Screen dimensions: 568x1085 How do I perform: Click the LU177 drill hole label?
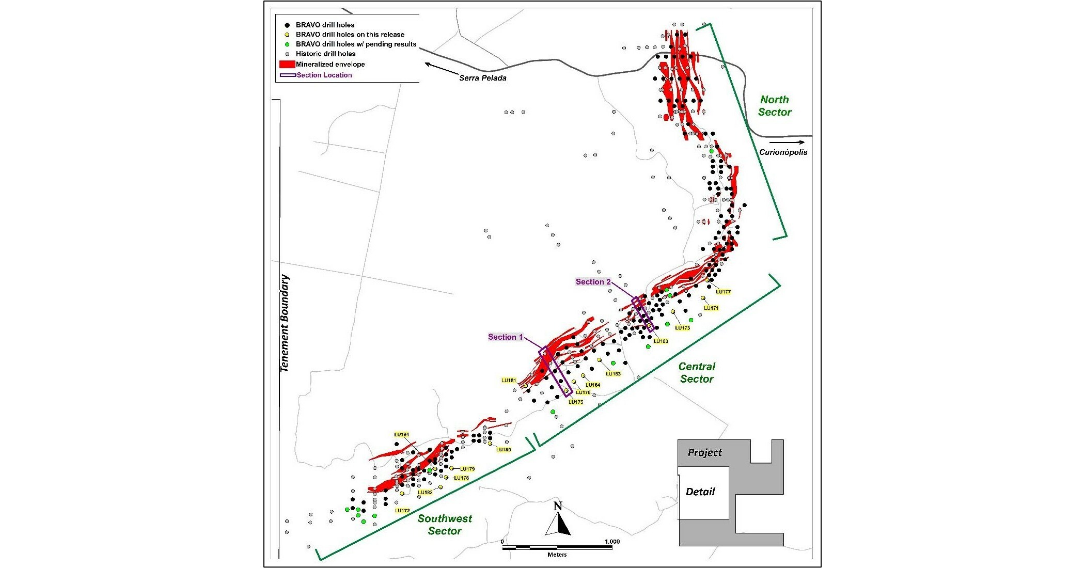coord(723,292)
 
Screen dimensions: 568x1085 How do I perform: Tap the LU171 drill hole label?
coord(711,308)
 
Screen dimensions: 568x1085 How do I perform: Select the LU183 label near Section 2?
coord(661,341)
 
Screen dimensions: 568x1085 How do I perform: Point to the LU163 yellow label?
coord(613,374)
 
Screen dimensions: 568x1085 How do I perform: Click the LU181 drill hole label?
coord(509,381)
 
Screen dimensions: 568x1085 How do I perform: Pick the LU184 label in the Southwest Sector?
coord(401,435)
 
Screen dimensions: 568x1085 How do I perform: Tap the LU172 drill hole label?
coord(402,511)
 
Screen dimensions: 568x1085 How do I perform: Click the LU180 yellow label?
coord(504,450)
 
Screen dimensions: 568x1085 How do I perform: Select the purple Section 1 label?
coord(506,337)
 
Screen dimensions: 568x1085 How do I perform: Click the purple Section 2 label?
coord(593,282)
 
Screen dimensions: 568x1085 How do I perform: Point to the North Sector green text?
coord(775,106)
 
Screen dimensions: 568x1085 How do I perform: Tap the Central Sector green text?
coord(697,372)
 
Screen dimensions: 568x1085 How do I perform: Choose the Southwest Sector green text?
coord(445,525)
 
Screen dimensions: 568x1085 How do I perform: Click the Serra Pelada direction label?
coord(483,78)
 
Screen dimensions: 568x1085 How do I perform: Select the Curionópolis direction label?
coord(783,152)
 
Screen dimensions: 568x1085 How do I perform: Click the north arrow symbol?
coord(558,520)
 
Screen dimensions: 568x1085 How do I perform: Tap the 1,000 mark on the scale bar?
coord(612,542)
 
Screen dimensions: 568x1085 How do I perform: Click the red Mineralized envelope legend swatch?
coord(287,65)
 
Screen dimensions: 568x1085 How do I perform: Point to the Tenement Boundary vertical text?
coord(285,323)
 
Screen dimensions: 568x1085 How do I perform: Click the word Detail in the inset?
coord(700,492)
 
